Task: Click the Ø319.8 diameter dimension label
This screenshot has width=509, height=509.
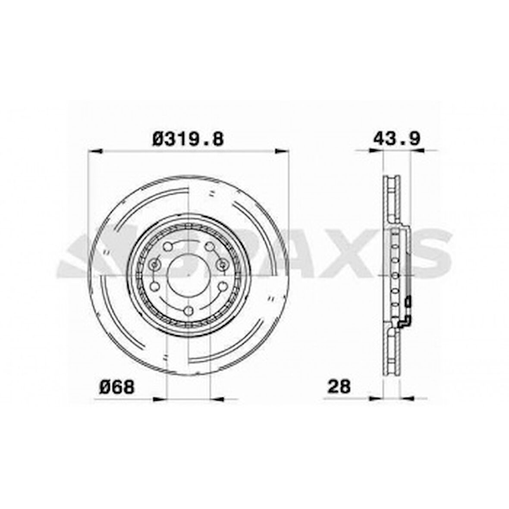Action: click(188, 139)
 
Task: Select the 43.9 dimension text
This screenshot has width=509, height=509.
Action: click(397, 138)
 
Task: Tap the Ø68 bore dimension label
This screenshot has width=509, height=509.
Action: click(117, 387)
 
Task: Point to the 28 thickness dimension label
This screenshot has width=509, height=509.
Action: click(339, 386)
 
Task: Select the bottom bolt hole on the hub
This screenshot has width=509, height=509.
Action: click(188, 311)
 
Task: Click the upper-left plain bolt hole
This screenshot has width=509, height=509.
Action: click(167, 247)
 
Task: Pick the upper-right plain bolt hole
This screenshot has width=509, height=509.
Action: click(210, 247)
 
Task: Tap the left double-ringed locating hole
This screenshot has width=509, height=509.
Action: click(154, 265)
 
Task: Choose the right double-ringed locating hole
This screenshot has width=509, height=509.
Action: click(223, 265)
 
